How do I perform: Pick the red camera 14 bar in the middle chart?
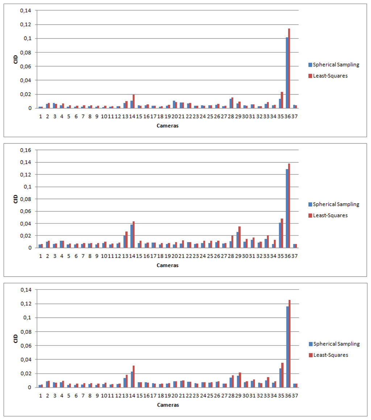134,235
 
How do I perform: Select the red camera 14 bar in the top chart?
134,101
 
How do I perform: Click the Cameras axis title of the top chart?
167,126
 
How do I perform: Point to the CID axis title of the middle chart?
16,199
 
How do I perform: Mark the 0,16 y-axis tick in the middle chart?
25,150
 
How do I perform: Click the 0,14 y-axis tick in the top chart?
25,11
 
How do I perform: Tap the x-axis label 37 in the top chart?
295,117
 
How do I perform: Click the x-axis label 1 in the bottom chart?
41,396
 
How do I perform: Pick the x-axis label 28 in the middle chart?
231,256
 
